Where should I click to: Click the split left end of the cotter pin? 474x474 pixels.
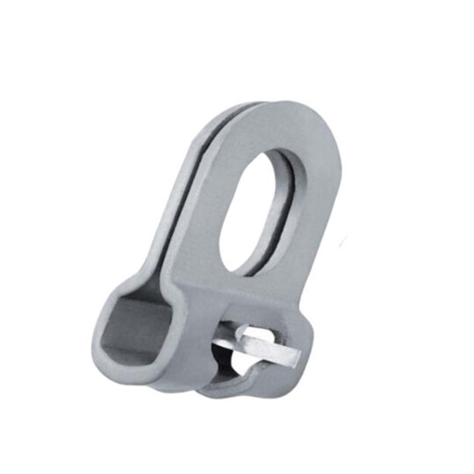(x=230, y=334)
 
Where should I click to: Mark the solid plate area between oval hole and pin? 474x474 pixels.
(x=255, y=290)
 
